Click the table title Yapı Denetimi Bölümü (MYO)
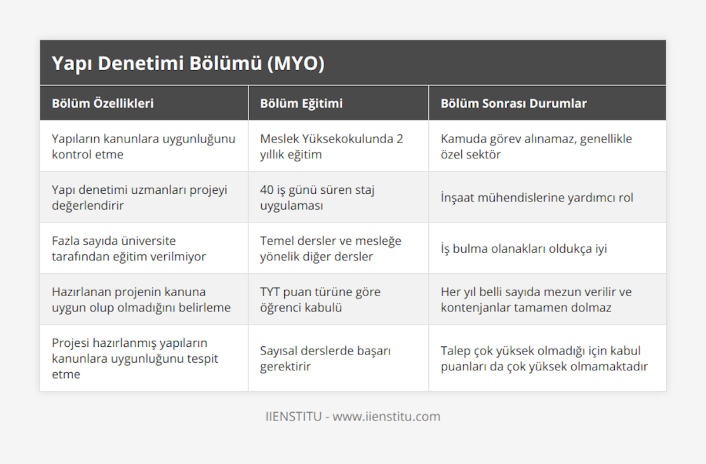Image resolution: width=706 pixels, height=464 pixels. tap(188, 64)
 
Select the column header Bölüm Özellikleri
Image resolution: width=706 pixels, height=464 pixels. tap(103, 104)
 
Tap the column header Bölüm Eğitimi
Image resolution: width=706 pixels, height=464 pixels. tap(301, 104)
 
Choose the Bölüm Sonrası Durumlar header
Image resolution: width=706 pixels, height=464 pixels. tap(514, 104)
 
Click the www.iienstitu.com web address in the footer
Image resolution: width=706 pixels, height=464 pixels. tap(387, 416)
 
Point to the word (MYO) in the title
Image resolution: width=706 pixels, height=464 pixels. tap(295, 64)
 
